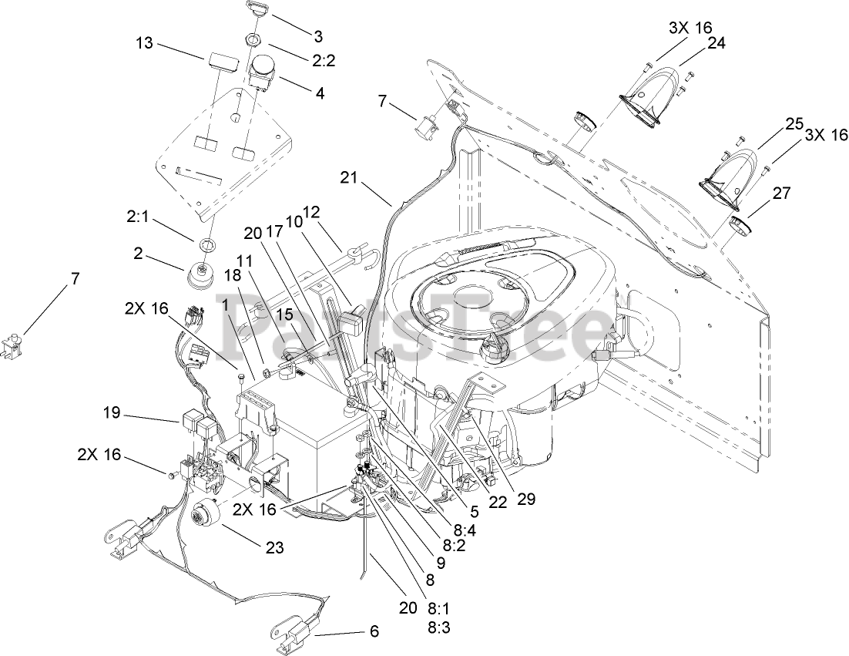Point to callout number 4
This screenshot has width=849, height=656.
(319, 93)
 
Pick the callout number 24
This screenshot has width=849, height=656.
(716, 43)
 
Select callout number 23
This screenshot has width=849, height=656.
(275, 548)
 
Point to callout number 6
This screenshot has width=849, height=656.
(374, 632)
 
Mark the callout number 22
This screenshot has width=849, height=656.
(498, 501)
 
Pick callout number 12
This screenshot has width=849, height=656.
(310, 212)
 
